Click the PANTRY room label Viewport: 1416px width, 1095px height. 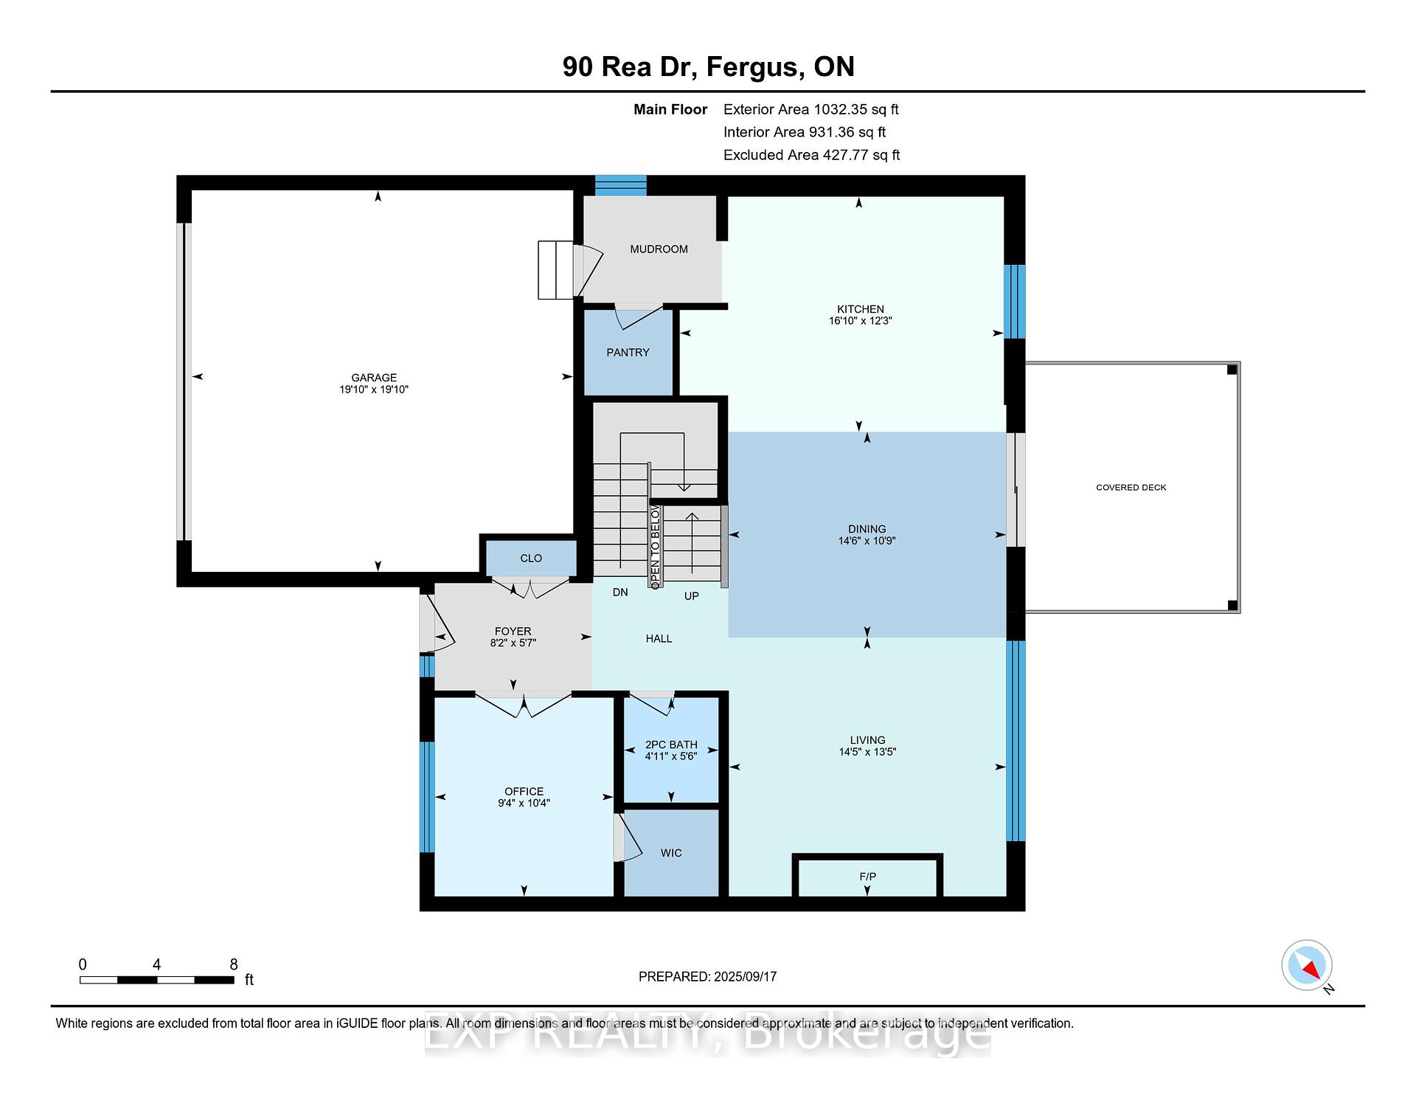pyautogui.click(x=628, y=353)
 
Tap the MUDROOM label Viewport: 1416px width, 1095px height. pyautogui.click(x=659, y=249)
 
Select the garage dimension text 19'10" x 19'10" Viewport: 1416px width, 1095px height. pyautogui.click(x=374, y=390)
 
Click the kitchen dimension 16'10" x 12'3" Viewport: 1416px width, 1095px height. pyautogui.click(x=860, y=321)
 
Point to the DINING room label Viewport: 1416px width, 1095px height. pyautogui.click(x=867, y=529)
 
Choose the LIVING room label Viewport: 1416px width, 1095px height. pyautogui.click(x=867, y=740)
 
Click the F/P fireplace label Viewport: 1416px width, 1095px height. pyautogui.click(x=867, y=877)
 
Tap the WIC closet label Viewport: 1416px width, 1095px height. pyautogui.click(x=671, y=853)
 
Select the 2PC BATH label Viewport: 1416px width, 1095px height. pyautogui.click(x=671, y=745)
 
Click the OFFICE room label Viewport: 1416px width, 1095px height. pyautogui.click(x=524, y=792)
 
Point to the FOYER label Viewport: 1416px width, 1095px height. pyautogui.click(x=513, y=632)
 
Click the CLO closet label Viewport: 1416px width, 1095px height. pyautogui.click(x=531, y=559)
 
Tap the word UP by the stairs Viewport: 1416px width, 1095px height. pyautogui.click(x=691, y=596)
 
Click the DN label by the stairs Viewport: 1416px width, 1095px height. pyautogui.click(x=620, y=593)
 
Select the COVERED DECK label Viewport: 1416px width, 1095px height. pyautogui.click(x=1131, y=488)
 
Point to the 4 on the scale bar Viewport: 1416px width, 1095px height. pyautogui.click(x=156, y=964)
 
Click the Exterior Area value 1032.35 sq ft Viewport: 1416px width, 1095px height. pyautogui.click(x=856, y=110)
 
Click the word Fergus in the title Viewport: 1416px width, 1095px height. pyautogui.click(x=754, y=67)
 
